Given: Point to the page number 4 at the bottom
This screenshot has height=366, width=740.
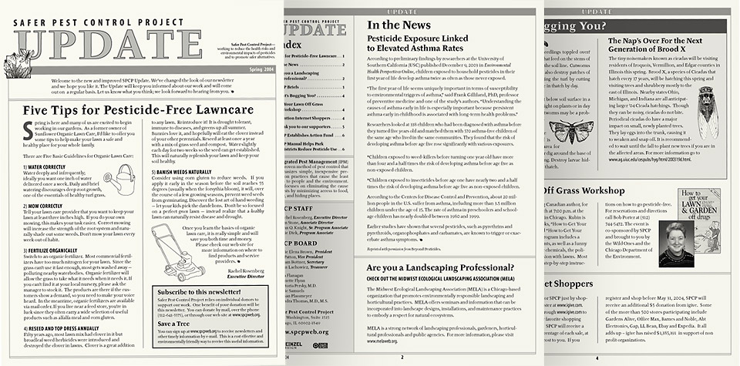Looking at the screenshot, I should click(x=597, y=358).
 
